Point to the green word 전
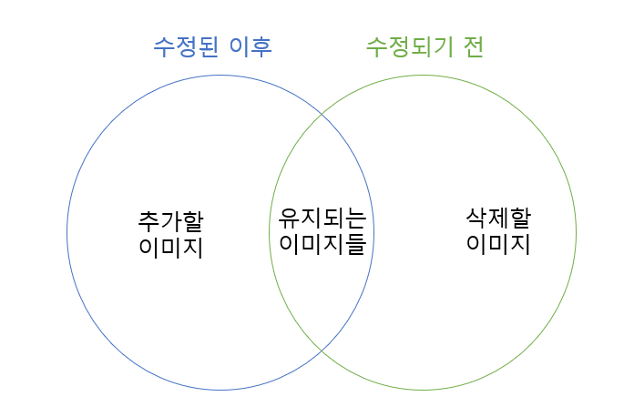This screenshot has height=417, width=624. [472, 46]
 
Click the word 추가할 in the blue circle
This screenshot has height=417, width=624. [172, 221]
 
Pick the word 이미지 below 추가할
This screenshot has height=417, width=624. [172, 247]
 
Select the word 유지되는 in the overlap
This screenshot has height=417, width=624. [322, 219]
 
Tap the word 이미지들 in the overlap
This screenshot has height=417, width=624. [322, 244]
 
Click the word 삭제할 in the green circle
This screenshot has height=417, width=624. [498, 219]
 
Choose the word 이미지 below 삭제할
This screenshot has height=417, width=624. [498, 244]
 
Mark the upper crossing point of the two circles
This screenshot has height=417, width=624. [322, 117]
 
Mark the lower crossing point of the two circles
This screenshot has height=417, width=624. [322, 349]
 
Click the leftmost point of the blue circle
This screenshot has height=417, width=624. [66, 232]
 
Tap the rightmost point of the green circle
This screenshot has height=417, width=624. [576, 232]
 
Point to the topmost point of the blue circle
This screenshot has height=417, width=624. [220, 76]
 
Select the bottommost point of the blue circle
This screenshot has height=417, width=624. [220, 390]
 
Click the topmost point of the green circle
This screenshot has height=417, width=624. [423, 76]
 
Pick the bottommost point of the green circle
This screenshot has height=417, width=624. [423, 390]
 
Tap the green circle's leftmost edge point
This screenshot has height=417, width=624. [269, 232]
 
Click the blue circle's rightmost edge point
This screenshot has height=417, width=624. [374, 232]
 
